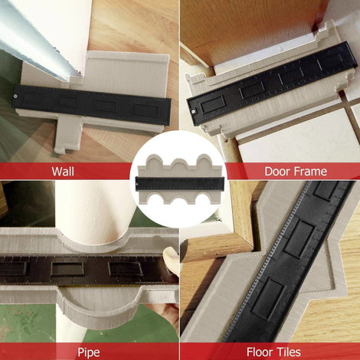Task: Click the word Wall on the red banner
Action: (x=63, y=171)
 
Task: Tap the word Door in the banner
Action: (x=277, y=171)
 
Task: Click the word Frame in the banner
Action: (x=309, y=171)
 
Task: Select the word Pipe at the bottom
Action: (x=89, y=352)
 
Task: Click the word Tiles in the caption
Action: (x=288, y=352)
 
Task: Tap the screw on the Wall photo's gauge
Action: (x=15, y=96)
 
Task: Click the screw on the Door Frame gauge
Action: (x=193, y=111)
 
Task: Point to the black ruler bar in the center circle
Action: (x=180, y=184)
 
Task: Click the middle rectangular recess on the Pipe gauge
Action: (x=67, y=269)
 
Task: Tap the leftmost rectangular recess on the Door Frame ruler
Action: (x=213, y=104)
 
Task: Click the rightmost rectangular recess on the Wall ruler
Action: (x=146, y=110)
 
